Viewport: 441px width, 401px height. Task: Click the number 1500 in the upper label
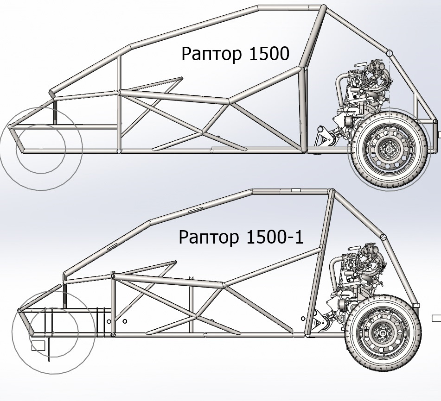tap(269, 54)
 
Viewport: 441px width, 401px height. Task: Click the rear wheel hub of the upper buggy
tap(387, 149)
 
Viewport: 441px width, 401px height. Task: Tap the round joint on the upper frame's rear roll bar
tap(390, 53)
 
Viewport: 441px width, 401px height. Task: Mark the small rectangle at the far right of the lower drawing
tap(436, 318)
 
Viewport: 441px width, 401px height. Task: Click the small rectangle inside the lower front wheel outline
tap(38, 345)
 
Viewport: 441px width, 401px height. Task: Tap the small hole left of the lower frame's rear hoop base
tap(303, 318)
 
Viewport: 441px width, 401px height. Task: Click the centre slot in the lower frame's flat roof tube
tap(295, 190)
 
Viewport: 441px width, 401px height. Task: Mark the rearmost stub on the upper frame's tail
tap(439, 134)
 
